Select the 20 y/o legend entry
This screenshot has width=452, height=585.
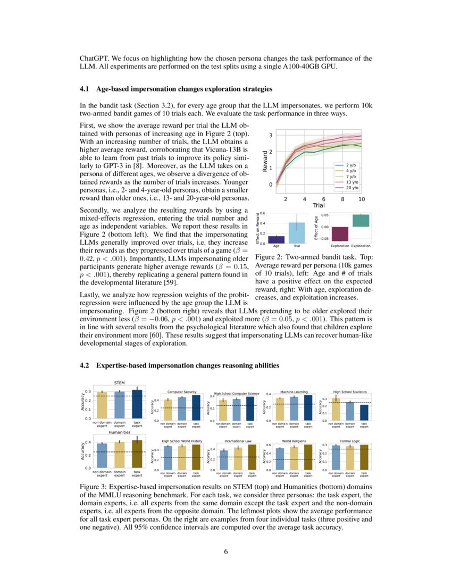(x=351, y=188)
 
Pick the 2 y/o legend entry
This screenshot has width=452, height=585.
(x=351, y=165)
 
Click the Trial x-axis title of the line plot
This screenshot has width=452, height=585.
(x=319, y=205)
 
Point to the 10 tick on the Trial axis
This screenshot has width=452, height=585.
(x=362, y=198)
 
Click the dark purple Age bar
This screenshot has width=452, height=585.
(x=277, y=239)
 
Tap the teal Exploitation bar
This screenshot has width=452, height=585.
(x=361, y=221)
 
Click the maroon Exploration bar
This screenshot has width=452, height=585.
(x=340, y=234)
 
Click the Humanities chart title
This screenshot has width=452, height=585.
(x=120, y=432)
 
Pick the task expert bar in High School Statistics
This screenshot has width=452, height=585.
(x=364, y=412)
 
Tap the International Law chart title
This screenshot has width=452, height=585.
(x=236, y=441)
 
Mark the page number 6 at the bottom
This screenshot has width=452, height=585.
(x=226, y=551)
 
